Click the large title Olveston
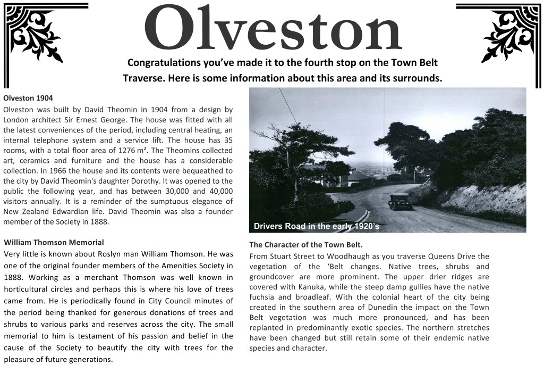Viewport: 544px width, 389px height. tap(272, 29)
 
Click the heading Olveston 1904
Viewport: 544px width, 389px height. tap(28, 98)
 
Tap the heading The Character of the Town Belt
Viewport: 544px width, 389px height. tap(306, 245)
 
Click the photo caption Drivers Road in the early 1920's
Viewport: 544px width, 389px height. tap(316, 226)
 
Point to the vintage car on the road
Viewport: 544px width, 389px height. tap(401, 201)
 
